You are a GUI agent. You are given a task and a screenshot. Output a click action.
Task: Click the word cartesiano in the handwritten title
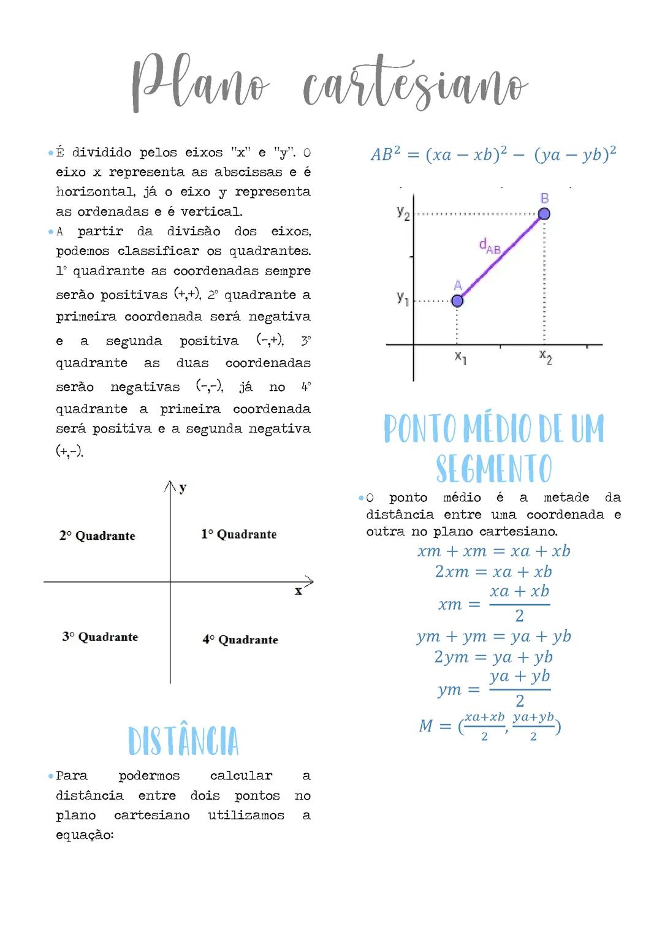[415, 86]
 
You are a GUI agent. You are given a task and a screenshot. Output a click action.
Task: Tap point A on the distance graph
[457, 300]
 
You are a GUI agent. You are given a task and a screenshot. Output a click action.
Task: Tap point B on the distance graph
[544, 213]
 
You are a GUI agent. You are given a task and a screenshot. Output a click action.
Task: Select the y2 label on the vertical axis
[403, 213]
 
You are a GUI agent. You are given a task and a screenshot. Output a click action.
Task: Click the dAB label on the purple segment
[490, 246]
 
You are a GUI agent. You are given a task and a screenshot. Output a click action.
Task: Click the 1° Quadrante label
[239, 534]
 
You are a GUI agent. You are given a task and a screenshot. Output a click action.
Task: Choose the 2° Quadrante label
[97, 536]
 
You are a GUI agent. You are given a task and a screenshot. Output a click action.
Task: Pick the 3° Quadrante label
[100, 637]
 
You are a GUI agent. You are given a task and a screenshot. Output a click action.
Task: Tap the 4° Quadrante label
[240, 640]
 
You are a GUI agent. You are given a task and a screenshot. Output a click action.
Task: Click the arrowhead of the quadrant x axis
[310, 581]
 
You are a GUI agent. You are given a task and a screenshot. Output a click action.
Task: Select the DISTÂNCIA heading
[183, 741]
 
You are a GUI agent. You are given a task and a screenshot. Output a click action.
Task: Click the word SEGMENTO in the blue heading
[494, 469]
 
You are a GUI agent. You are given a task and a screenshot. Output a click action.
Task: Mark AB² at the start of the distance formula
[386, 154]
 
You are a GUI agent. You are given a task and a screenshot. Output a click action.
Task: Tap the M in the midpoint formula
[426, 726]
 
